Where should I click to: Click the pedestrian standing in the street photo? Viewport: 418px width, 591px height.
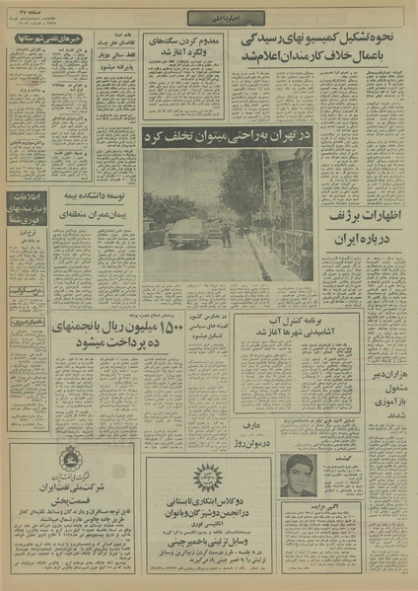[227, 235]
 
